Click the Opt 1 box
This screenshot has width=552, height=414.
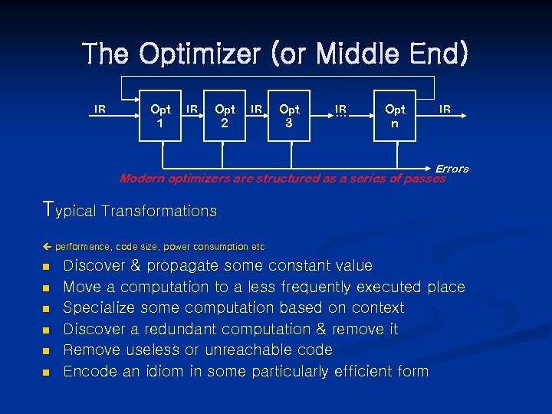(x=160, y=117)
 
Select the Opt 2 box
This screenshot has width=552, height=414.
(x=225, y=117)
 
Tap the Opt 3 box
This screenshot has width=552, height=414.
(x=289, y=117)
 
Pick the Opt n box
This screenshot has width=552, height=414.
(x=395, y=117)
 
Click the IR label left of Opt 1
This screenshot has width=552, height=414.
(x=100, y=109)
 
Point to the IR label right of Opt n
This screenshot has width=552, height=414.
(x=445, y=110)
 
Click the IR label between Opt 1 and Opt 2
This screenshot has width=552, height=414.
(x=193, y=110)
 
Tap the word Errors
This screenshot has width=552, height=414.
(x=452, y=169)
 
